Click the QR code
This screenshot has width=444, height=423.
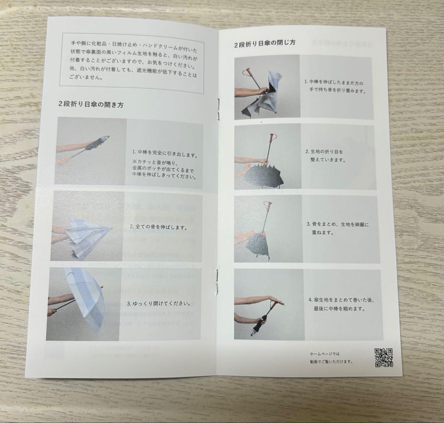[384, 358]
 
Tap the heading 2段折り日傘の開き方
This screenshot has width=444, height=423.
[91, 104]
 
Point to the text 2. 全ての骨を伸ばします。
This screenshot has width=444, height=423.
[159, 227]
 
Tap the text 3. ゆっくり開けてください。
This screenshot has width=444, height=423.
[159, 303]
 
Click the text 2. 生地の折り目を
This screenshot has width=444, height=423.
[324, 151]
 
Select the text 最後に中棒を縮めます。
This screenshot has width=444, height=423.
[339, 309]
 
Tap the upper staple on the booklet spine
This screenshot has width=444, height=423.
[219, 109]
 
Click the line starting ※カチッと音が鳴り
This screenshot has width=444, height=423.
[155, 163]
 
